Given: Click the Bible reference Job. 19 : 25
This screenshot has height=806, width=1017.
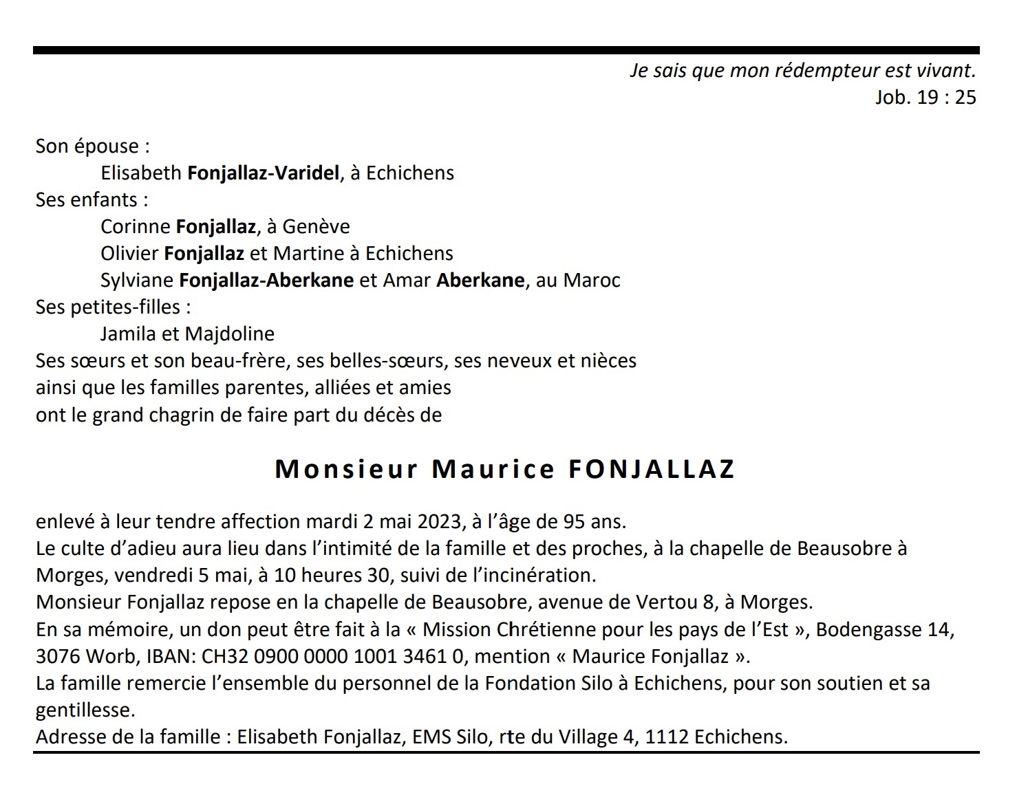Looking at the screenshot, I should tap(925, 98).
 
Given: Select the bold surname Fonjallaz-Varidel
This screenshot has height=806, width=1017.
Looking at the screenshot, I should tap(264, 173).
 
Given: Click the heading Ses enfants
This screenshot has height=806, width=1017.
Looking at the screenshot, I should tap(92, 200).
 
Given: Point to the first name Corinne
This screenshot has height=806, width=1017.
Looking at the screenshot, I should tap(135, 227).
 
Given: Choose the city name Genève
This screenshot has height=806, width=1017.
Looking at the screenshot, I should tap(317, 227).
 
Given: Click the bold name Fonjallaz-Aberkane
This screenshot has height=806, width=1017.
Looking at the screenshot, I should tap(266, 281).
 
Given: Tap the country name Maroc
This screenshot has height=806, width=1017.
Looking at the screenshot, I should tap(592, 281).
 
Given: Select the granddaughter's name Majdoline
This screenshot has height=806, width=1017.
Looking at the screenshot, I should tap(230, 334).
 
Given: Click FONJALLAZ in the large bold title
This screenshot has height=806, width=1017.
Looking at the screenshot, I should tap(652, 469).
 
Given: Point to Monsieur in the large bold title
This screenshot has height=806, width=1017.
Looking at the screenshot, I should tap(346, 469).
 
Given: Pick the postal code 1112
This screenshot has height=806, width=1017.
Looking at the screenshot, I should tap(667, 737).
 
